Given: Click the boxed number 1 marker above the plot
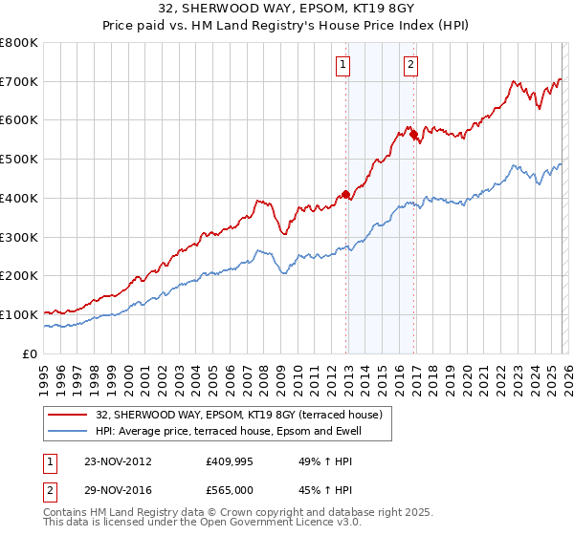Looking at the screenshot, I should coord(342,65).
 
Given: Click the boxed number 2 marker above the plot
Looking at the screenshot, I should coord(410,65).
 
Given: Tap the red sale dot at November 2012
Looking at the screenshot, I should coord(345,195).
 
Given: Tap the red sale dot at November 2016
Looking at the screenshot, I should coord(413,135).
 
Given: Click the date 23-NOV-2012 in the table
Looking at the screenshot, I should coord(117,460).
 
